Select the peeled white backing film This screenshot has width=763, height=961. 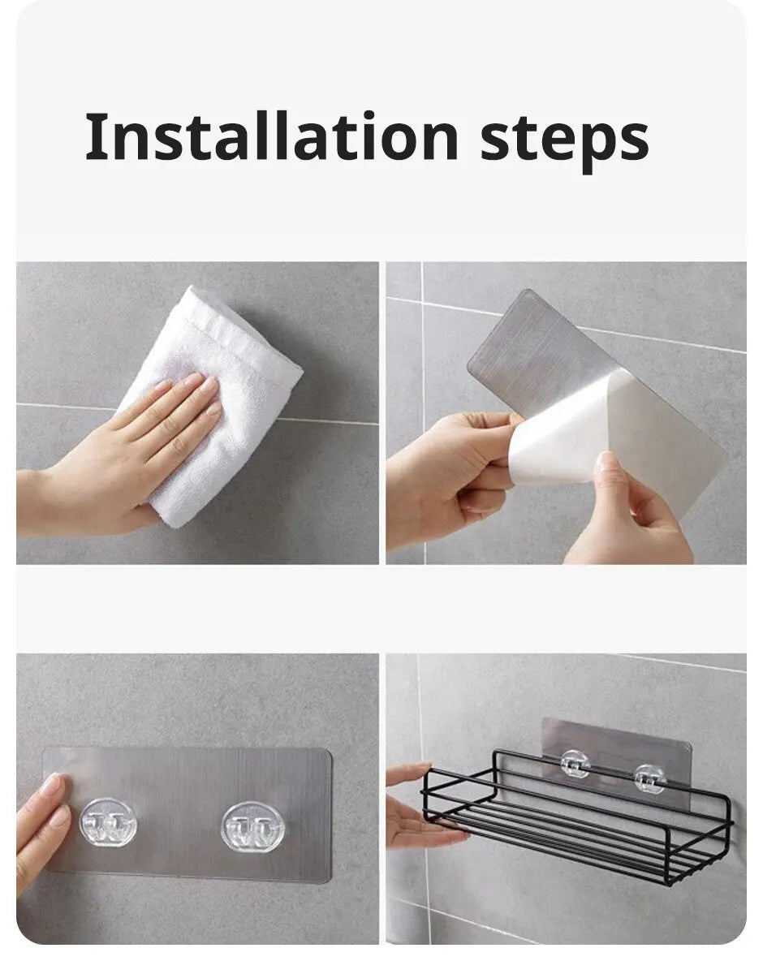[568, 430]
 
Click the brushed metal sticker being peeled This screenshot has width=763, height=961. [552, 341]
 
